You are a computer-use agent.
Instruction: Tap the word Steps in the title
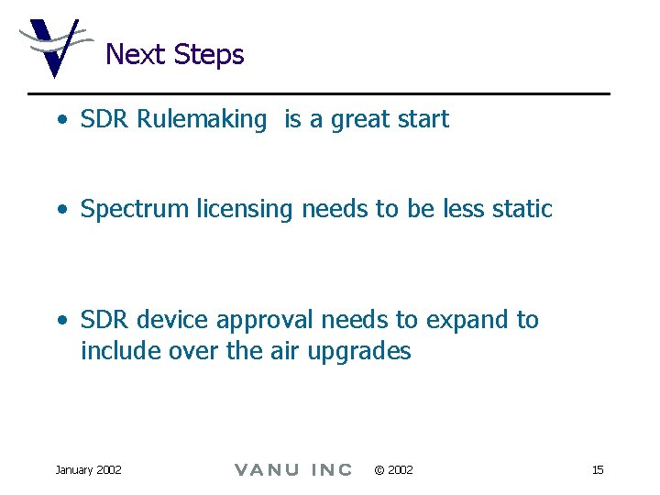pyautogui.click(x=208, y=56)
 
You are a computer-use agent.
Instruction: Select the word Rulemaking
pyautogui.click(x=201, y=119)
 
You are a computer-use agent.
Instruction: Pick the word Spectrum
pyautogui.click(x=135, y=210)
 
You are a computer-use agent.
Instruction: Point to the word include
pyautogui.click(x=116, y=351)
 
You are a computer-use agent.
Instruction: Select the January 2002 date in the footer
pyautogui.click(x=88, y=470)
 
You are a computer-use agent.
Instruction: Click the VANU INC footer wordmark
pyautogui.click(x=292, y=470)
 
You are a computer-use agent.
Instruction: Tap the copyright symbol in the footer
pyautogui.click(x=379, y=470)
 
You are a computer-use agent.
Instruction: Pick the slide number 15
pyautogui.click(x=598, y=470)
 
